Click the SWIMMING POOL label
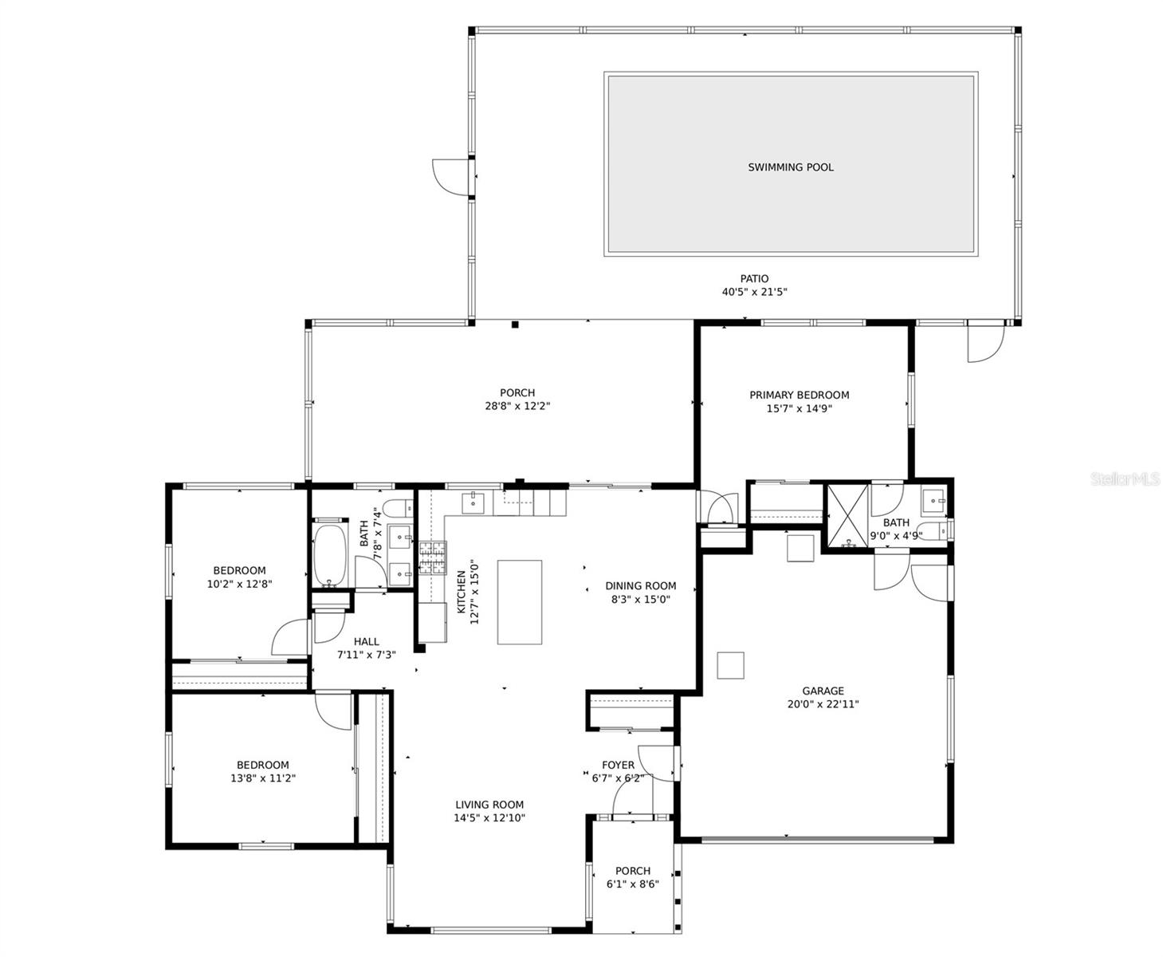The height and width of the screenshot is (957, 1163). [x=790, y=167]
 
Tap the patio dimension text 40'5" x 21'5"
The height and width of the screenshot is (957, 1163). [x=754, y=293]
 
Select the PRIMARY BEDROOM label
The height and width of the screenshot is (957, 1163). [x=799, y=395]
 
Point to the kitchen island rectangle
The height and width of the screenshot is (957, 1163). [x=519, y=602]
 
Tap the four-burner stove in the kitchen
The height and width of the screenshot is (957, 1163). [x=433, y=557]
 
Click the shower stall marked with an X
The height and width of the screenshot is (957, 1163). [x=847, y=516]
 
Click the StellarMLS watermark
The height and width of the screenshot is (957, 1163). [x=1125, y=479]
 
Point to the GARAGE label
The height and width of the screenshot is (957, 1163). [x=823, y=691]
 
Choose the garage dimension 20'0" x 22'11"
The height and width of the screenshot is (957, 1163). [x=823, y=704]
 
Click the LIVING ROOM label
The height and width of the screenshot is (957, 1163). [x=489, y=805]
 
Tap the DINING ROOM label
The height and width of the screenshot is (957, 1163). [x=640, y=585]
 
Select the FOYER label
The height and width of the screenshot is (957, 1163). [x=618, y=765]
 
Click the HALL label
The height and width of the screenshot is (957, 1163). [x=366, y=641]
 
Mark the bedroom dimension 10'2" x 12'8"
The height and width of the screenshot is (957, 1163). [x=239, y=584]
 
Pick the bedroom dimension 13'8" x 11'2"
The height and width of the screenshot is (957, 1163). [x=262, y=778]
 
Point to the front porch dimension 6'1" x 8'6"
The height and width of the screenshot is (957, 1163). [x=633, y=884]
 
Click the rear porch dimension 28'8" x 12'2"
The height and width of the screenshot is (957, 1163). [x=517, y=406]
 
